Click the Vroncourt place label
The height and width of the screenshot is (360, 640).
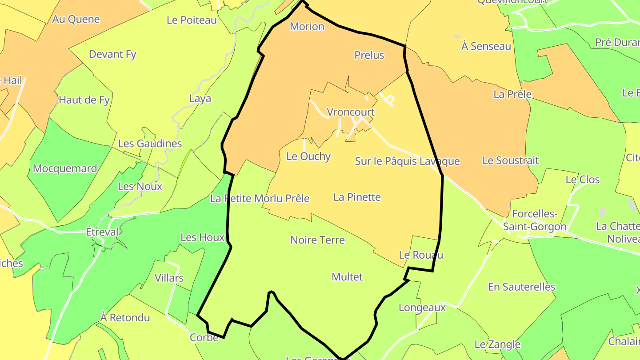[x=351, y=112]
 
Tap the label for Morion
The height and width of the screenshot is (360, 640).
[x=307, y=27]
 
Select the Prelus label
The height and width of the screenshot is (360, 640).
[x=369, y=55]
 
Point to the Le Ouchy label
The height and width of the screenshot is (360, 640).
[x=308, y=156]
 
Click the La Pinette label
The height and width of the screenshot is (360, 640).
[x=357, y=197]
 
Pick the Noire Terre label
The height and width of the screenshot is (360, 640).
[x=317, y=240]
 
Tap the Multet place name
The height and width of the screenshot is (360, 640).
[x=347, y=277]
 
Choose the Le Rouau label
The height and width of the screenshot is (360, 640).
[x=421, y=255]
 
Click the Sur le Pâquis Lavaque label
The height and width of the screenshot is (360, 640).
[x=407, y=161]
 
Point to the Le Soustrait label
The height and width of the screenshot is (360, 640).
[x=510, y=160]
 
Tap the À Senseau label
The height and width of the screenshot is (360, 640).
[x=486, y=46]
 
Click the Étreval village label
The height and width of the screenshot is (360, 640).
[x=102, y=232]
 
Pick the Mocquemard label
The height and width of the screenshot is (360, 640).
[x=65, y=168]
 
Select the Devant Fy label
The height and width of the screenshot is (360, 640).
[x=112, y=54]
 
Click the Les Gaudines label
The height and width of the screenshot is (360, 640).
[x=150, y=144]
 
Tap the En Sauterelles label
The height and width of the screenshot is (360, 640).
[x=521, y=287]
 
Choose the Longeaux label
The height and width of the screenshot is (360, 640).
[x=422, y=308]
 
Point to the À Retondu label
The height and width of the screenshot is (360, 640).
[x=125, y=318]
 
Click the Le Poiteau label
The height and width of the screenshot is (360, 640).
[x=192, y=20]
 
